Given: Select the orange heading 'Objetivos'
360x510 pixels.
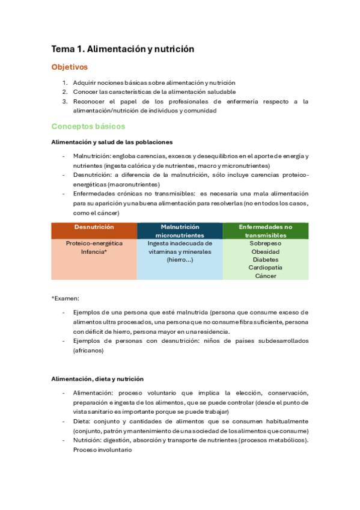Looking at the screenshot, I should pyautogui.click(x=69, y=67).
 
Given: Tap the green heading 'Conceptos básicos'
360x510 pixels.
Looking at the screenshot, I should pyautogui.click(x=88, y=126).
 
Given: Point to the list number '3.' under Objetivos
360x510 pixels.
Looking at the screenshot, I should pyautogui.click(x=65, y=102).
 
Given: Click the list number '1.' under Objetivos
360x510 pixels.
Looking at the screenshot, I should pyautogui.click(x=65, y=82).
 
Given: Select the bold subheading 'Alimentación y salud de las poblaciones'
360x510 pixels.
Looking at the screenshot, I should pyautogui.click(x=112, y=142).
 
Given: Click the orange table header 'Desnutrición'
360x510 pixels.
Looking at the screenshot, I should pyautogui.click(x=94, y=227).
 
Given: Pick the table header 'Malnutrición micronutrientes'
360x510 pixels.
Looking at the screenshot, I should pyautogui.click(x=180, y=231).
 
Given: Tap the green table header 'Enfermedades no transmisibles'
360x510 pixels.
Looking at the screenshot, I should pyautogui.click(x=265, y=231).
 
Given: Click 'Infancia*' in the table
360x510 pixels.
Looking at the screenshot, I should pyautogui.click(x=94, y=252).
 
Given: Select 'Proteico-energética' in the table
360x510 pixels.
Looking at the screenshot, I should pyautogui.click(x=94, y=244).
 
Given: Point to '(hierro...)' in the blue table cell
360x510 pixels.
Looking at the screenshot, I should pyautogui.click(x=180, y=260).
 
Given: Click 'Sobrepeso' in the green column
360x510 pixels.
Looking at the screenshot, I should pyautogui.click(x=265, y=244).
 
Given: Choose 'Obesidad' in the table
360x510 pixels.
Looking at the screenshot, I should pyautogui.click(x=265, y=251).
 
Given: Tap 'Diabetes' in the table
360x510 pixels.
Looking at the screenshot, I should pyautogui.click(x=265, y=260).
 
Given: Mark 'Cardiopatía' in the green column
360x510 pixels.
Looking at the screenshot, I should pyautogui.click(x=265, y=268).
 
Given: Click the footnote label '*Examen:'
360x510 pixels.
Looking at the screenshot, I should pyautogui.click(x=65, y=298).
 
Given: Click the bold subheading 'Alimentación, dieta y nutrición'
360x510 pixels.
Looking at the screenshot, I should pyautogui.click(x=97, y=379).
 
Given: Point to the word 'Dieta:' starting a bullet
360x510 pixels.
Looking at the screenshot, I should pyautogui.click(x=82, y=422).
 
